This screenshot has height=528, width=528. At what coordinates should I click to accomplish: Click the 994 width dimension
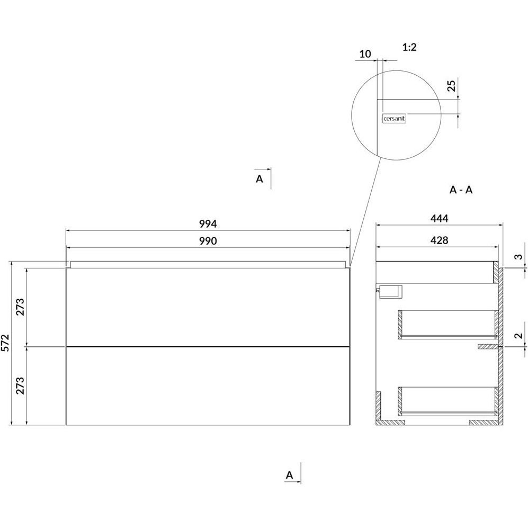[x=208, y=223]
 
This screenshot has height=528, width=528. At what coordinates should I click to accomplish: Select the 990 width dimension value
[x=208, y=241]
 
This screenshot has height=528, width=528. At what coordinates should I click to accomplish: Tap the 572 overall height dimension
[x=6, y=343]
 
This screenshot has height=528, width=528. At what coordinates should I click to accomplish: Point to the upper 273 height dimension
[x=20, y=307]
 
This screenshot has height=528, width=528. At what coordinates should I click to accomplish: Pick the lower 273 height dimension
[x=20, y=386]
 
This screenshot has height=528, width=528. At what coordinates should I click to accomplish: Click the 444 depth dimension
[x=440, y=219]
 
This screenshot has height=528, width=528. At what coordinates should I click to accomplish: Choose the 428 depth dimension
[x=440, y=240]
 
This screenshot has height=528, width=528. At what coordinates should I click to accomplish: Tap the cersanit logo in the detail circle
[x=395, y=119]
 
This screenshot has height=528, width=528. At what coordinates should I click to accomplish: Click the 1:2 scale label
[x=409, y=47]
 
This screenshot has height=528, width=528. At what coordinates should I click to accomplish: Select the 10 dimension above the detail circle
[x=365, y=54]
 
